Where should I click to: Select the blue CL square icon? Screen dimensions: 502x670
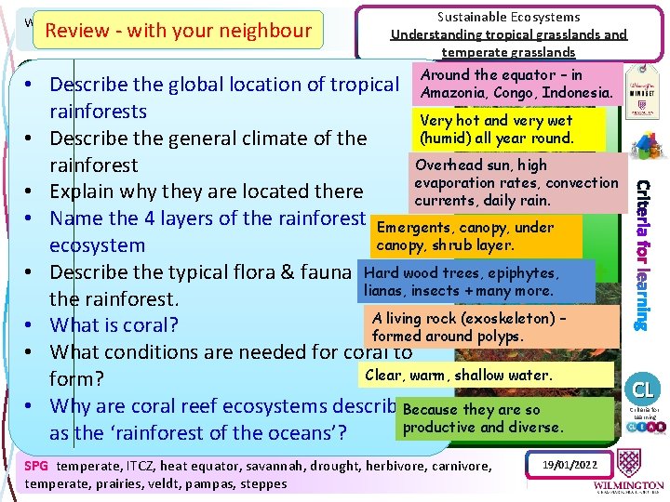click(x=643, y=387)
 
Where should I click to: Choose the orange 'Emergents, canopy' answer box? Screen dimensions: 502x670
click(x=476, y=236)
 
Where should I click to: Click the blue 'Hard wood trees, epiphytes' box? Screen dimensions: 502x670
click(x=476, y=282)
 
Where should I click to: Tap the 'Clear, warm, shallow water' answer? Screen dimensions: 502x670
click(x=485, y=376)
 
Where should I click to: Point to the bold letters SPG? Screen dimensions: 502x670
click(x=36, y=466)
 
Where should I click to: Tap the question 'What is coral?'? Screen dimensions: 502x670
click(x=114, y=325)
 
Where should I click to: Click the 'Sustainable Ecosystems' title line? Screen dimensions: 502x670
click(x=508, y=17)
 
